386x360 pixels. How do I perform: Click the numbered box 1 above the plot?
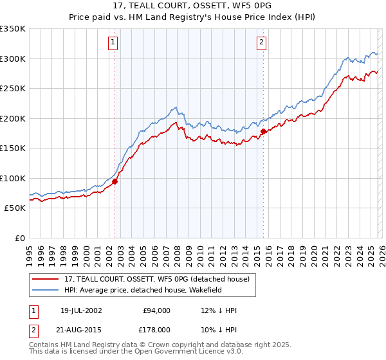[113, 43]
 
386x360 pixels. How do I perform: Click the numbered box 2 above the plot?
[262, 43]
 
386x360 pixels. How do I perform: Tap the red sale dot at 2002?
[115, 181]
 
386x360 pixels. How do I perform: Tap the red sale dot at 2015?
[264, 131]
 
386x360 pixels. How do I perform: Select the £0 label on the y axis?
[20, 238]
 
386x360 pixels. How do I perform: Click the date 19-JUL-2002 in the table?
[81, 310]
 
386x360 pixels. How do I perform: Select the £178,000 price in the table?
[157, 330]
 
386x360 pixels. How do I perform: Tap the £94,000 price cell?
[157, 310]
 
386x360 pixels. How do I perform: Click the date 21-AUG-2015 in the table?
[81, 330]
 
